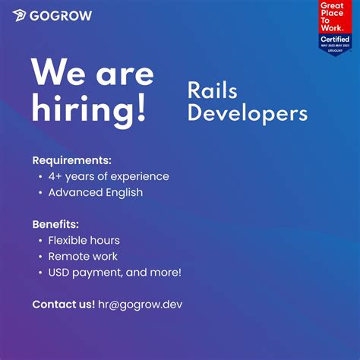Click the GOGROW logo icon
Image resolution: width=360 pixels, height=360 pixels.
coord(20,16)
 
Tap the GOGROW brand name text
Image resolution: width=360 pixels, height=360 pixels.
coord(62,16)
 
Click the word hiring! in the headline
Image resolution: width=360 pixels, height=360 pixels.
coord(89,109)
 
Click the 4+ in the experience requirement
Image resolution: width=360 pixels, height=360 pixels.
coord(55,176)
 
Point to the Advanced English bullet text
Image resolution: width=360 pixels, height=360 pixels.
coord(95,192)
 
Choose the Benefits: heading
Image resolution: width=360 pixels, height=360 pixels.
coord(55,224)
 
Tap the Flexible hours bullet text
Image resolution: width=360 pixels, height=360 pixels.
coord(84,240)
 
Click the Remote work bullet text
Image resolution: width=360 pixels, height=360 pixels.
coord(83,256)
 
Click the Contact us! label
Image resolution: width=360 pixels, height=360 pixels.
coord(63,305)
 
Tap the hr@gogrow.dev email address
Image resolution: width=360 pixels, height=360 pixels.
coord(140,305)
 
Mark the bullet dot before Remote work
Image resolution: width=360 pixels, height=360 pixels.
coord(39,257)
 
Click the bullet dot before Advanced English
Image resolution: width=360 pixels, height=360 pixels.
coord(39,193)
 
